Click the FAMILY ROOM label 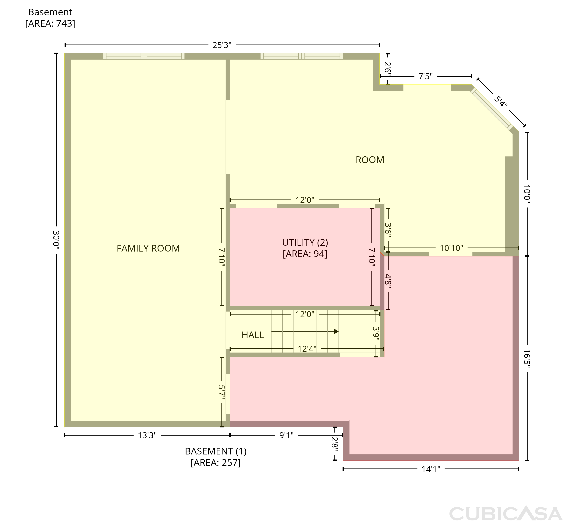148,248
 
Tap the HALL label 253,335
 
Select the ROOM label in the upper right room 370,160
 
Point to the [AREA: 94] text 305,254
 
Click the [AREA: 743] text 50,23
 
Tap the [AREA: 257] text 216,463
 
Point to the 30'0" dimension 56,240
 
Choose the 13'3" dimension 147,435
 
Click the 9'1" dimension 286,435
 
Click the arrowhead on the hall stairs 336,332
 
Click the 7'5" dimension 425,76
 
